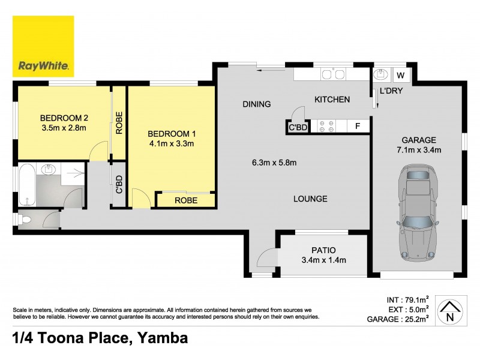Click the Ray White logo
[43, 46]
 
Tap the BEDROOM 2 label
[64, 118]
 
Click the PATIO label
[323, 250]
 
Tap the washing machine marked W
[401, 76]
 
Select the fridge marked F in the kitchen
[358, 126]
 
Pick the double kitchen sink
[333, 75]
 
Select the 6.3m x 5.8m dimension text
[274, 162]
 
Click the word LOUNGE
[310, 199]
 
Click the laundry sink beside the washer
[379, 76]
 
